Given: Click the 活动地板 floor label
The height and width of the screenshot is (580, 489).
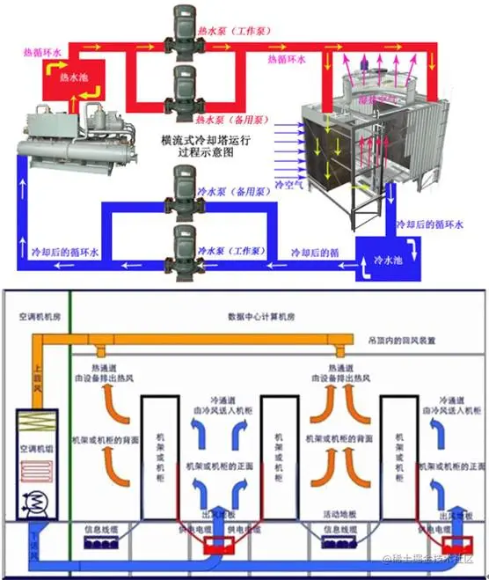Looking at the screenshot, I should pyautogui.click(x=339, y=513).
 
